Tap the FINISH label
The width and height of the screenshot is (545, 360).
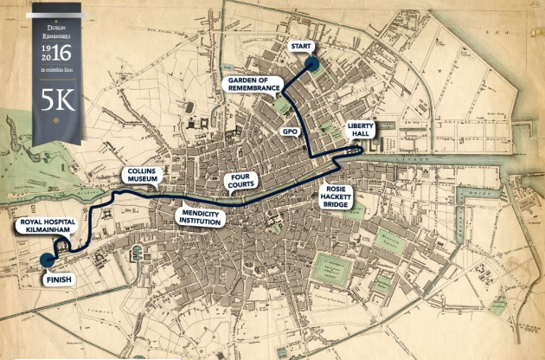coord(58,280)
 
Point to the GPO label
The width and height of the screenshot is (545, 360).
coord(289,132)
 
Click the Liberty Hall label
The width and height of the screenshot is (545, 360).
coord(361,131)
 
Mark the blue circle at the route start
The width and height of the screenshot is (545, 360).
coord(311,62)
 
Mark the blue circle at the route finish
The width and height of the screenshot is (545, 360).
coord(47,259)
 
